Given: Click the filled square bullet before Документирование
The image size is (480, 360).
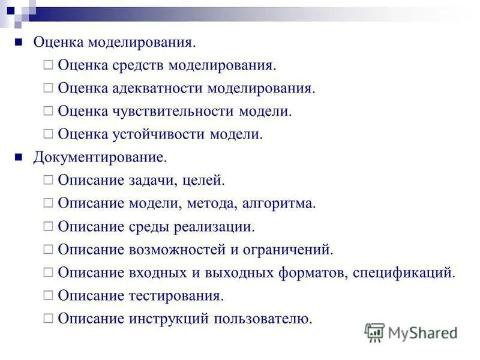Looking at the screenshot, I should point(19,157).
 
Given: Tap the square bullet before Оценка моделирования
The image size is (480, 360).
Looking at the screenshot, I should point(19,42).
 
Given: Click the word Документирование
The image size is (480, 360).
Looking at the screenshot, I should point(100,157).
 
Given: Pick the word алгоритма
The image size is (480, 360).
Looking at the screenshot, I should point(278,203).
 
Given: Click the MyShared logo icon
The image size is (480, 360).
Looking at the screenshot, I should point(375,332).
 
